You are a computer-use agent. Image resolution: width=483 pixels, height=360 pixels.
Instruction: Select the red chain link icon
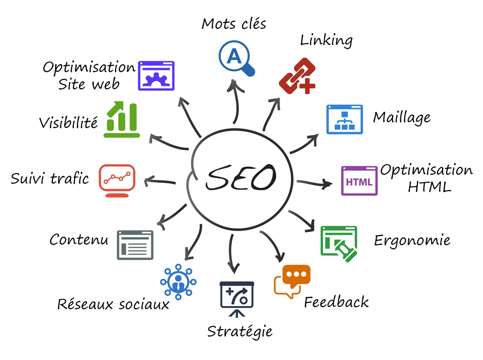coord(297,76)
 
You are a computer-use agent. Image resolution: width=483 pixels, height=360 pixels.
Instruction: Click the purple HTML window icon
coord(359,181)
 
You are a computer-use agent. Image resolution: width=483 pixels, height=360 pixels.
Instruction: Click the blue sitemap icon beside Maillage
coord(344,119)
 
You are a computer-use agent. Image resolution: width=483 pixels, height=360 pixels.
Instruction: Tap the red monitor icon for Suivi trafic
coord(117,180)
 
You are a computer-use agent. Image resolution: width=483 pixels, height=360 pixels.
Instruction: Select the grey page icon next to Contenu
coord(135,245)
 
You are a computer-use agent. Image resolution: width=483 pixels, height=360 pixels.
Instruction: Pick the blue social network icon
coord(178,282)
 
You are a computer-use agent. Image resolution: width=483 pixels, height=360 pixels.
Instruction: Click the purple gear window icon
coord(156,76)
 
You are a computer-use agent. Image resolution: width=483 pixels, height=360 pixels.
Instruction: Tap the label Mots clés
coord(234,24)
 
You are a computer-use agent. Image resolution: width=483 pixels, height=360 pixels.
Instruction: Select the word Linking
coord(327,41)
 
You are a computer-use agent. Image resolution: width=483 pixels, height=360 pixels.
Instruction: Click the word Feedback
coord(336,302)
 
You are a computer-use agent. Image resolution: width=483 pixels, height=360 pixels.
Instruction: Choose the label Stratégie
coord(240,332)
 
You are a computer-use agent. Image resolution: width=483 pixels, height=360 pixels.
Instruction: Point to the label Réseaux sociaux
coord(114,304)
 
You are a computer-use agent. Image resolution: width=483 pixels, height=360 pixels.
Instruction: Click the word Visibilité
coord(69,123)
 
